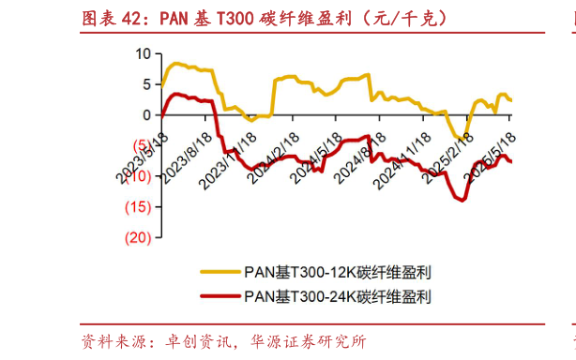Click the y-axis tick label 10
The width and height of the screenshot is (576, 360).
click(x=143, y=53)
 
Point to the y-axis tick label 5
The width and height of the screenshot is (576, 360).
click(x=146, y=84)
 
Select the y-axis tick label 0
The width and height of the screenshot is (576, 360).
click(x=146, y=115)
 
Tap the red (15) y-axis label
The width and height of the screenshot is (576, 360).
click(x=137, y=207)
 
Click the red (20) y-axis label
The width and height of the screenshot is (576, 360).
click(x=137, y=237)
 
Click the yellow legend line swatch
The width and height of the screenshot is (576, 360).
click(x=219, y=274)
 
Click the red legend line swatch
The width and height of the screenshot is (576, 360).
click(x=219, y=296)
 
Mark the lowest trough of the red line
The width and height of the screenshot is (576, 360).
click(x=462, y=200)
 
